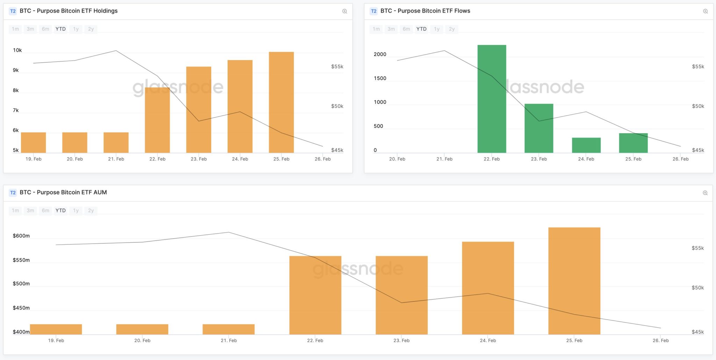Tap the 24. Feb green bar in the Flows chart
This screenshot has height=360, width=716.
(586, 145)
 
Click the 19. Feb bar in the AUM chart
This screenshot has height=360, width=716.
(56, 329)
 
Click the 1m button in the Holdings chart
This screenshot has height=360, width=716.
(15, 29)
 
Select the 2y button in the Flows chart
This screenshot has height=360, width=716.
(452, 29)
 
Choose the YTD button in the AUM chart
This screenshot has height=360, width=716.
(60, 210)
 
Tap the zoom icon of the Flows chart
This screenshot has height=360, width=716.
(705, 11)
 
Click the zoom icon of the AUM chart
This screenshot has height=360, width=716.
(705, 193)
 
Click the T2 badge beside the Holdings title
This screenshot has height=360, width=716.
(13, 11)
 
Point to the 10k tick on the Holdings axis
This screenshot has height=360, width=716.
(17, 50)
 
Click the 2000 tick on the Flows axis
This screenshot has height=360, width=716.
(380, 54)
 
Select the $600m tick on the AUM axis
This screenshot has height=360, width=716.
(21, 236)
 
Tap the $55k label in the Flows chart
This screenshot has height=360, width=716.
(698, 66)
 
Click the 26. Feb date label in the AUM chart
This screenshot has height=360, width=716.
(660, 340)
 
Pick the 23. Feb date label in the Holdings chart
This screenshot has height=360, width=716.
(199, 159)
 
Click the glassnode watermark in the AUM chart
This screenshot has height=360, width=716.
(358, 269)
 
